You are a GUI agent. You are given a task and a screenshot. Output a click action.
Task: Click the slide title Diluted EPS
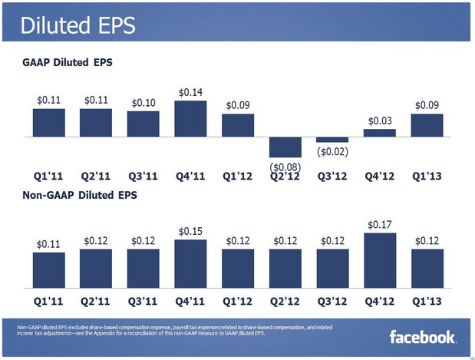tap(78, 25)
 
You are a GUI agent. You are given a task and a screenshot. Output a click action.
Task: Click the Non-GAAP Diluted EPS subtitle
tap(80, 196)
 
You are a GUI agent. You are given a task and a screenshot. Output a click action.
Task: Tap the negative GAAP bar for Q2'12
tap(285, 147)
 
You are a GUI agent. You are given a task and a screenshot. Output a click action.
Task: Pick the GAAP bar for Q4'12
tap(380, 132)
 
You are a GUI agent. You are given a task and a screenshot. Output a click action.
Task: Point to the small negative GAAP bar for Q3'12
tap(332, 139)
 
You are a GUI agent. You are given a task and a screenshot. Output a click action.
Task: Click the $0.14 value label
tap(190, 93)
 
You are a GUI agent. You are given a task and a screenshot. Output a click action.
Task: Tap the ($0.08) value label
tap(285, 166)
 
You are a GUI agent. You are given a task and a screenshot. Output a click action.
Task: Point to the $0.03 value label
tap(380, 121)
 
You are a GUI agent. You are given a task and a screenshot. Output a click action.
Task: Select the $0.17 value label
tap(380, 225)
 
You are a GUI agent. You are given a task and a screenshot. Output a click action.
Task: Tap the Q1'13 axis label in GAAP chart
tap(427, 174)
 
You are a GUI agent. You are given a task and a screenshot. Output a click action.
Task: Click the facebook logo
tap(423, 337)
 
